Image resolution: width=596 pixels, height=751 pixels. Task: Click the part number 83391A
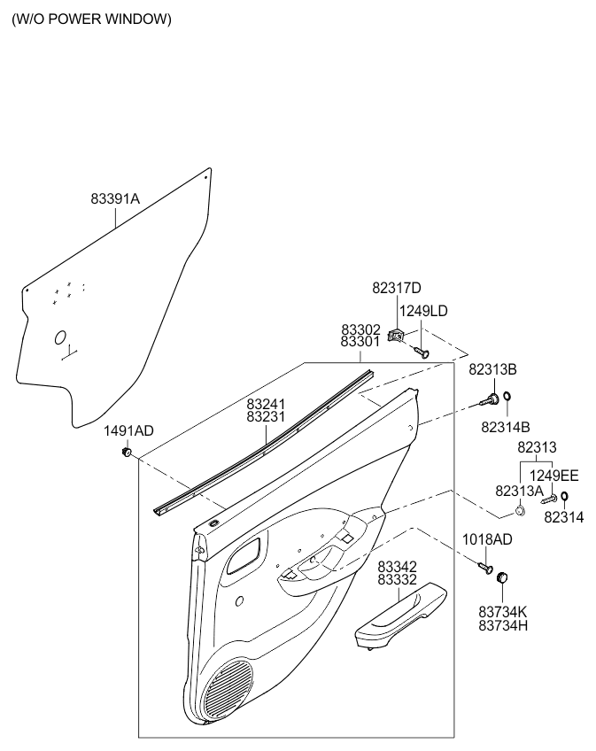[x=115, y=199]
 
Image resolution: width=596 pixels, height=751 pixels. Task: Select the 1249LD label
[x=423, y=311]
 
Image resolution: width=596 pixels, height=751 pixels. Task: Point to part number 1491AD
[x=128, y=431]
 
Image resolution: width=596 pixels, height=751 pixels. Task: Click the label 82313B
[x=492, y=369]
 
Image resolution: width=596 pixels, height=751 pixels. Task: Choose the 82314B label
[x=505, y=426]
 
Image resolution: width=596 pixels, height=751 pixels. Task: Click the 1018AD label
[x=488, y=539]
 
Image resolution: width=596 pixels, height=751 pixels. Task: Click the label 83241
[x=266, y=403]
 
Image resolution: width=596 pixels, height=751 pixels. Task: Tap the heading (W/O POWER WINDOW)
[x=91, y=19]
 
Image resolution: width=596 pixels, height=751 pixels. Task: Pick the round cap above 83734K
[x=504, y=577]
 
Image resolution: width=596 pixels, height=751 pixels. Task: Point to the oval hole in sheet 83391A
[x=60, y=337]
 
